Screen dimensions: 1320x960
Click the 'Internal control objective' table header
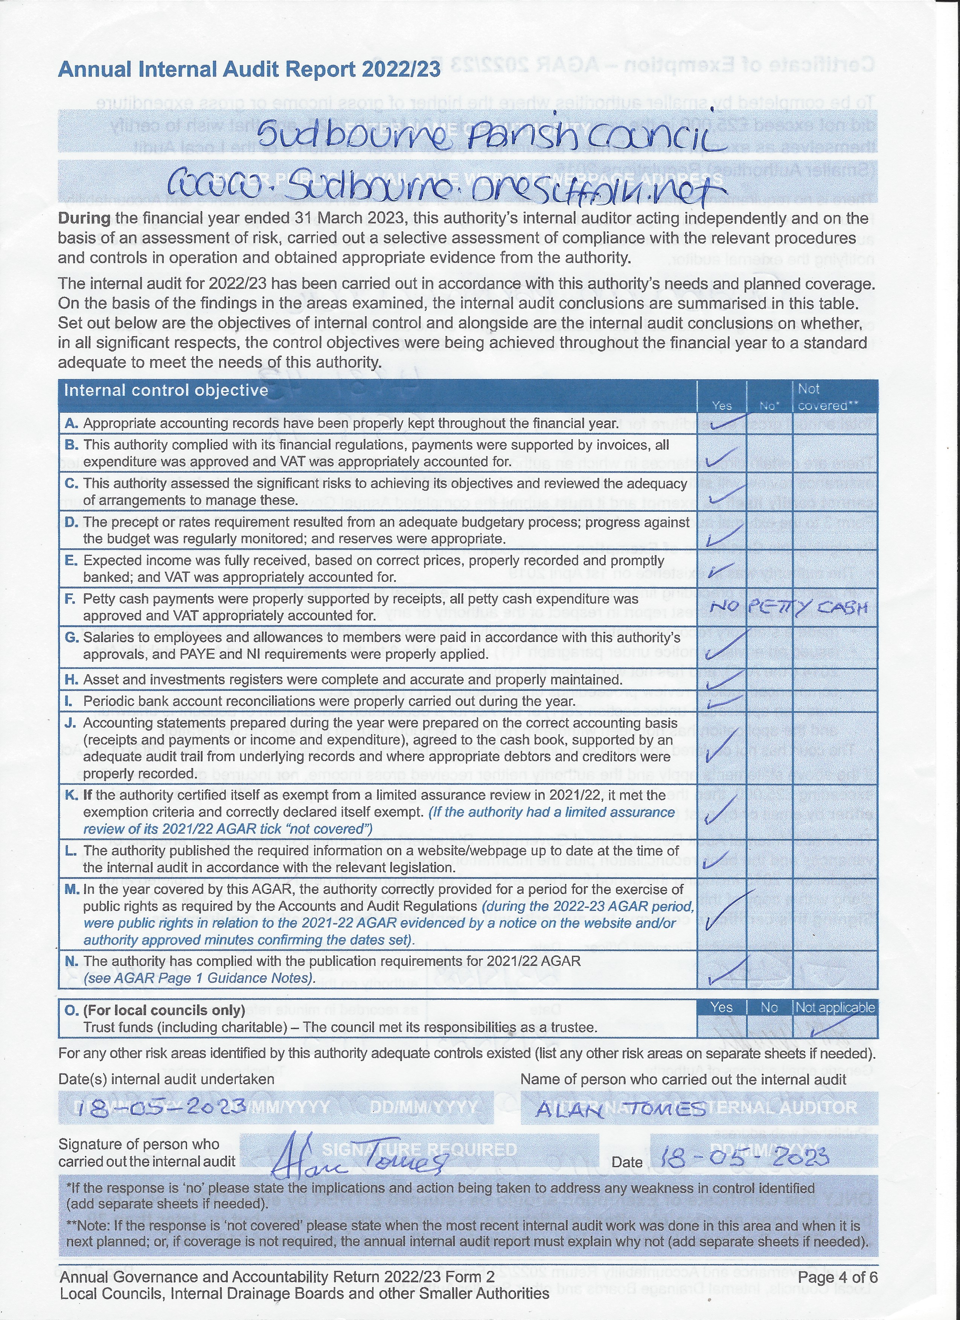[x=166, y=390]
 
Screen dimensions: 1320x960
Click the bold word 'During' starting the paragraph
[x=84, y=219]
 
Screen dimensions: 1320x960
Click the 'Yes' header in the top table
[x=722, y=405]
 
